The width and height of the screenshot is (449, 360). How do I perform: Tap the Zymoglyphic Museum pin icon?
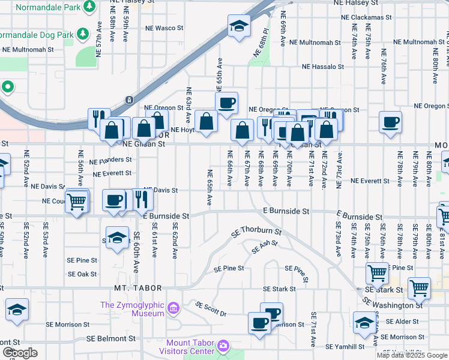coord(173,309)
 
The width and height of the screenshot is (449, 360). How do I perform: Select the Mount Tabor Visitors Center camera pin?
coord(223,346)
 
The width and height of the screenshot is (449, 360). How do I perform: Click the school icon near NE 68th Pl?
coord(239,26)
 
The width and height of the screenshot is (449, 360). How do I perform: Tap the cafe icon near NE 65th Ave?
coord(226,103)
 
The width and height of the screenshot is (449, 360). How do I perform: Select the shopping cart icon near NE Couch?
coord(77,202)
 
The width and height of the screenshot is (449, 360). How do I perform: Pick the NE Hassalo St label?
coord(324,67)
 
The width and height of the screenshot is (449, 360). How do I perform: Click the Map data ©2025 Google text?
coord(411,355)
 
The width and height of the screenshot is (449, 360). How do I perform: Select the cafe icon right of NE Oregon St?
coord(390,122)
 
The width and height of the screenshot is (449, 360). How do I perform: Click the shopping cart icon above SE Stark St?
coord(377,273)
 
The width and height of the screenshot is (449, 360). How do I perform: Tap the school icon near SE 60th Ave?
coord(117,236)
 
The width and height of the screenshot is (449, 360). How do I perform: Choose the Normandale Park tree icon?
coord(89,6)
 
